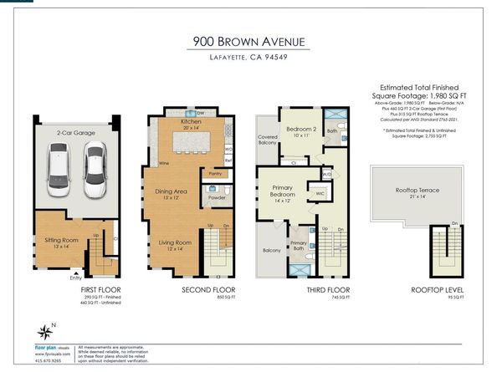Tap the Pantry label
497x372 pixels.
click(x=215, y=173)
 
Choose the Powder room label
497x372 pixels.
click(x=216, y=198)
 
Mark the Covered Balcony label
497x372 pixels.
click(x=268, y=140)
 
